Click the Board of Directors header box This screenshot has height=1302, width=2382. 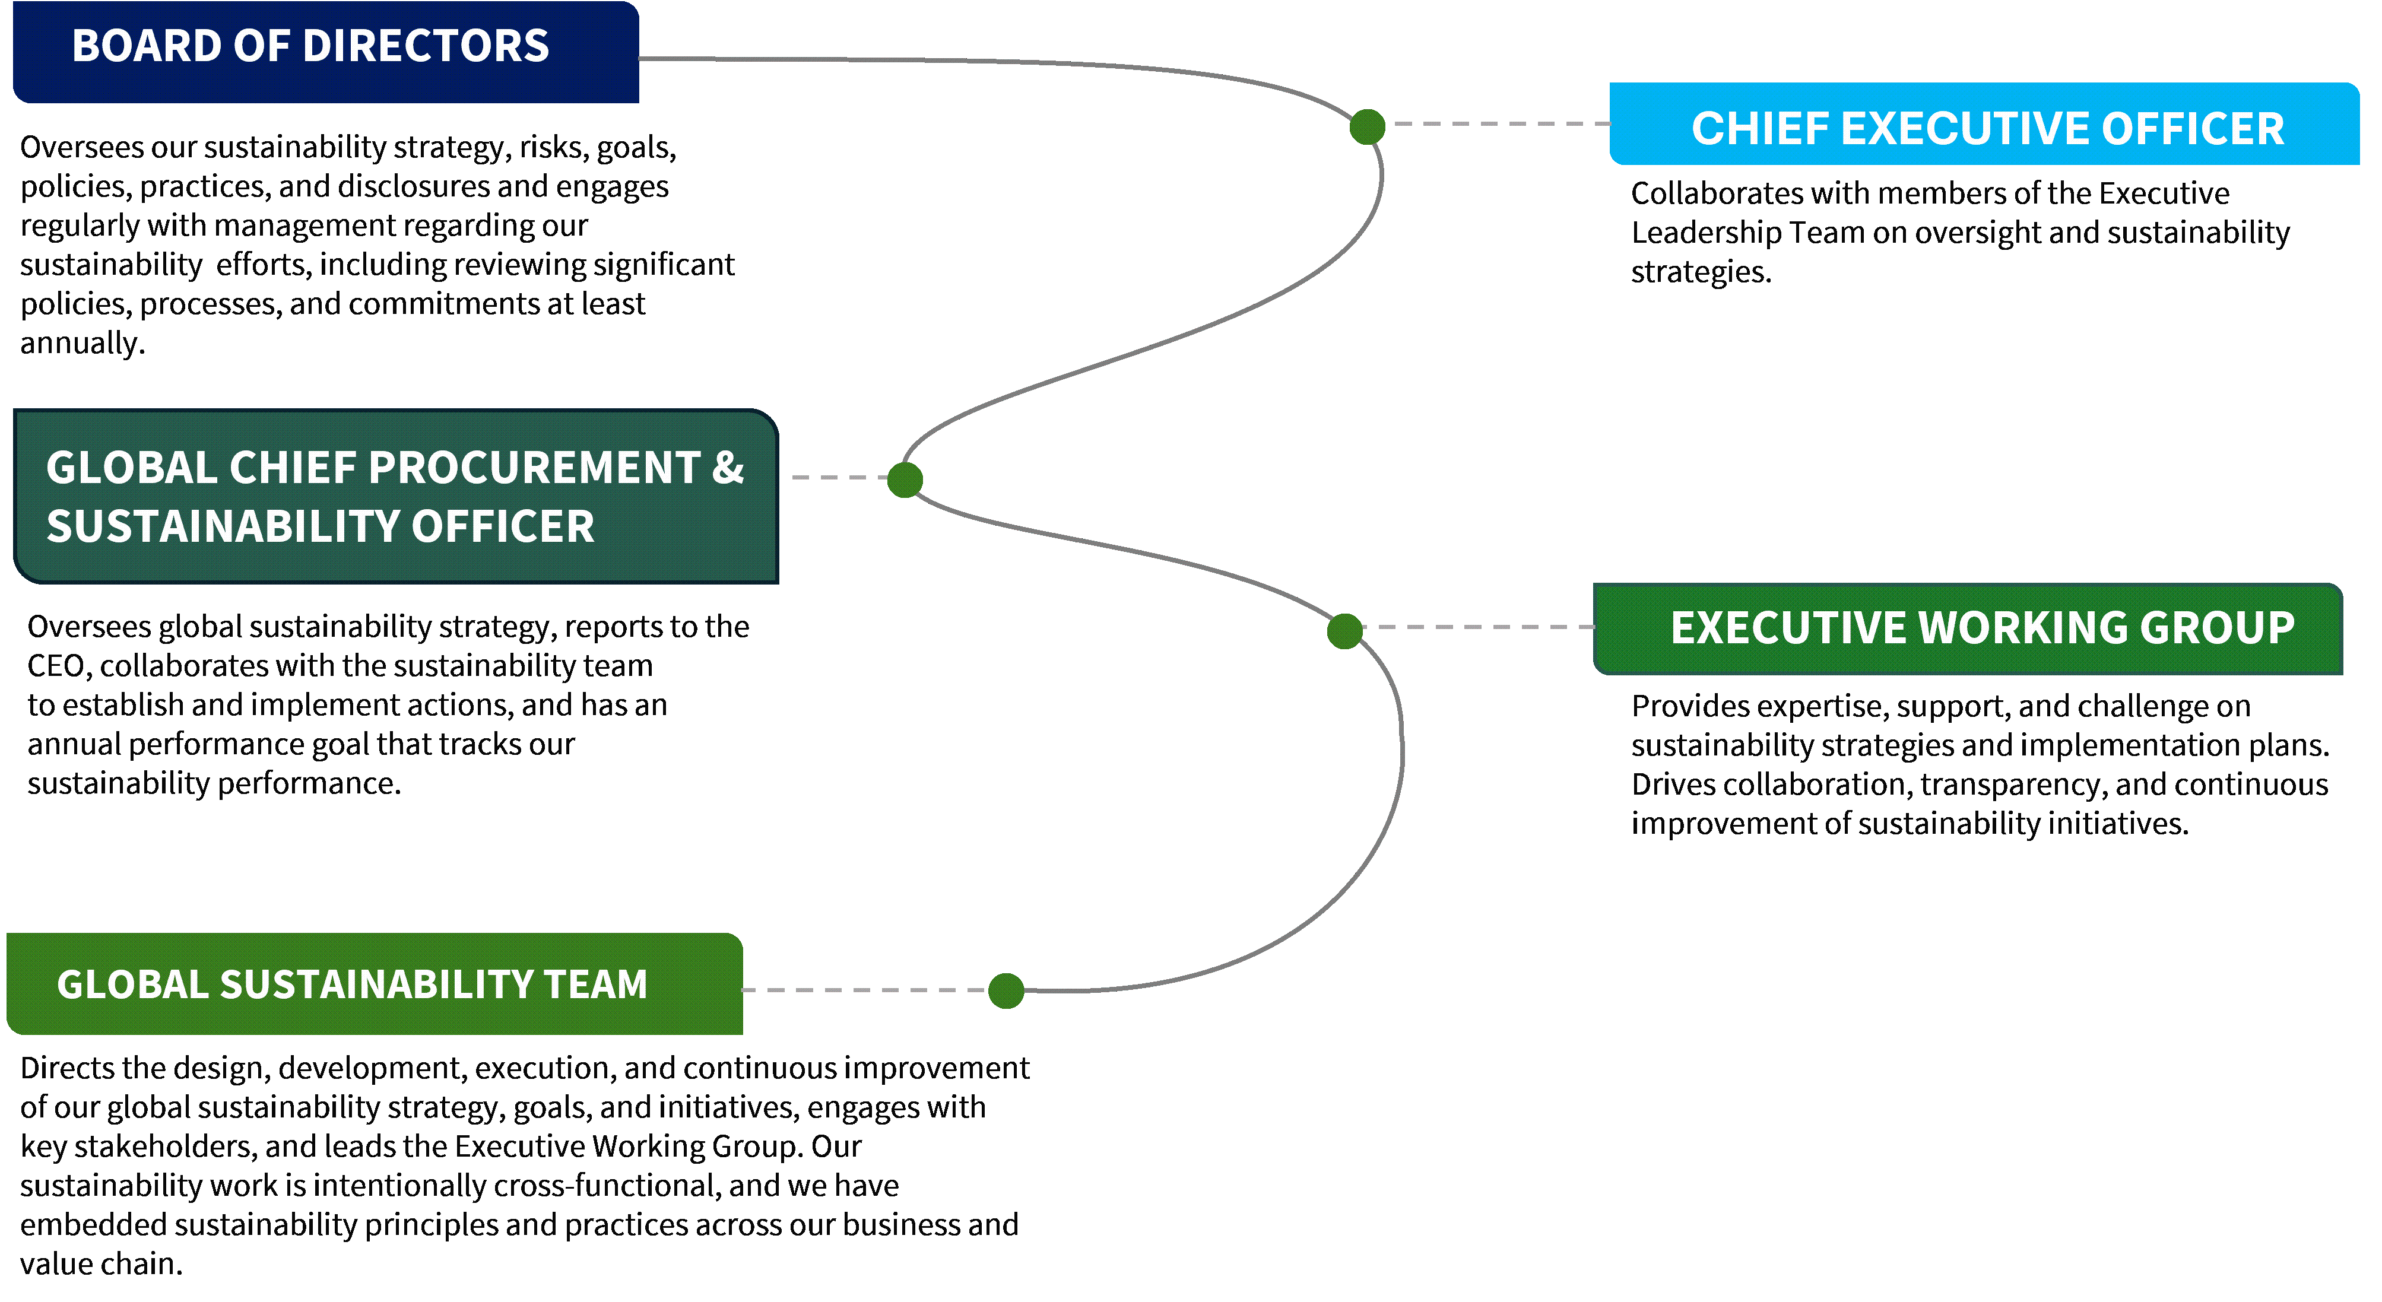pyautogui.click(x=325, y=51)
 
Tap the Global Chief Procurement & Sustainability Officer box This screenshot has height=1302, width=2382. pyautogui.click(x=396, y=497)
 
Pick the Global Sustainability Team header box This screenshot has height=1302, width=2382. pyautogui.click(x=375, y=984)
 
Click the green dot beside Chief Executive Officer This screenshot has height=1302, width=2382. pyautogui.click(x=1366, y=126)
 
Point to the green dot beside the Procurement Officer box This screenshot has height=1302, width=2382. pyautogui.click(x=905, y=479)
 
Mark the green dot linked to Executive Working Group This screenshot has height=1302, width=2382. pyautogui.click(x=1344, y=631)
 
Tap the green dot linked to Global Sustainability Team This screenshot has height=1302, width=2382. pyautogui.click(x=1006, y=990)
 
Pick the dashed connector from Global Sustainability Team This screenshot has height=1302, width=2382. pyautogui.click(x=865, y=989)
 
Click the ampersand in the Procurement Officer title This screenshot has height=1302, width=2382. pyautogui.click(x=728, y=468)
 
